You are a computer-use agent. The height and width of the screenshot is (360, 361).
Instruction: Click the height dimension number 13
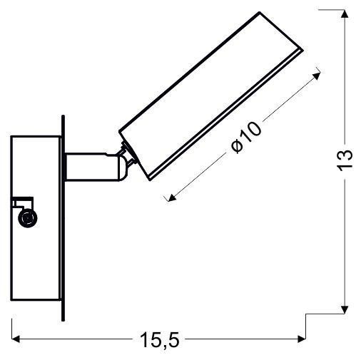point(345,159)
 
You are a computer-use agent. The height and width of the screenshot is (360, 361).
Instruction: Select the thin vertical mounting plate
point(64,214)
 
